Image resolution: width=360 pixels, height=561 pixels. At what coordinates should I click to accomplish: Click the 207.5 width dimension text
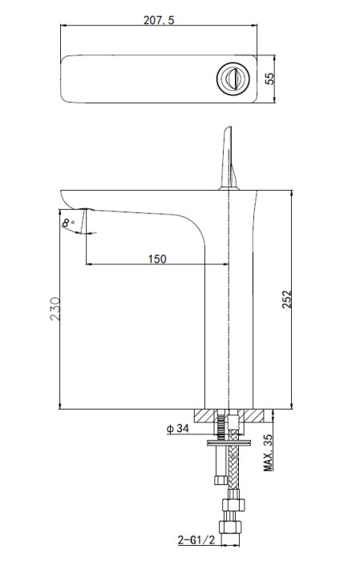pos(159,20)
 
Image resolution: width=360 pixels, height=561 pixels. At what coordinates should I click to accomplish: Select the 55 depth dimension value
pos(270,79)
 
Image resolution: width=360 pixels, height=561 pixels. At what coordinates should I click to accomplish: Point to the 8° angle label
pos(67,223)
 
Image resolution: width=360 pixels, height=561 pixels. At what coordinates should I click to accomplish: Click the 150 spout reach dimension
pos(157,258)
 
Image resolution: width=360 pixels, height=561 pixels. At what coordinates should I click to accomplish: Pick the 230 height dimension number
pos(55,309)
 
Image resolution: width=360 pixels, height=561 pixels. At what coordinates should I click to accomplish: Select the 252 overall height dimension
pos(287,299)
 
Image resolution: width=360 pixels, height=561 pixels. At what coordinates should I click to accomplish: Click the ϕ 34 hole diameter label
pos(177,428)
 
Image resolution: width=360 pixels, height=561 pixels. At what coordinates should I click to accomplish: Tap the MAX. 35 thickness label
pos(268,452)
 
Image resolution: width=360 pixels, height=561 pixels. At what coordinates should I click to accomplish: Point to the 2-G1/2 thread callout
pos(196,539)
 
